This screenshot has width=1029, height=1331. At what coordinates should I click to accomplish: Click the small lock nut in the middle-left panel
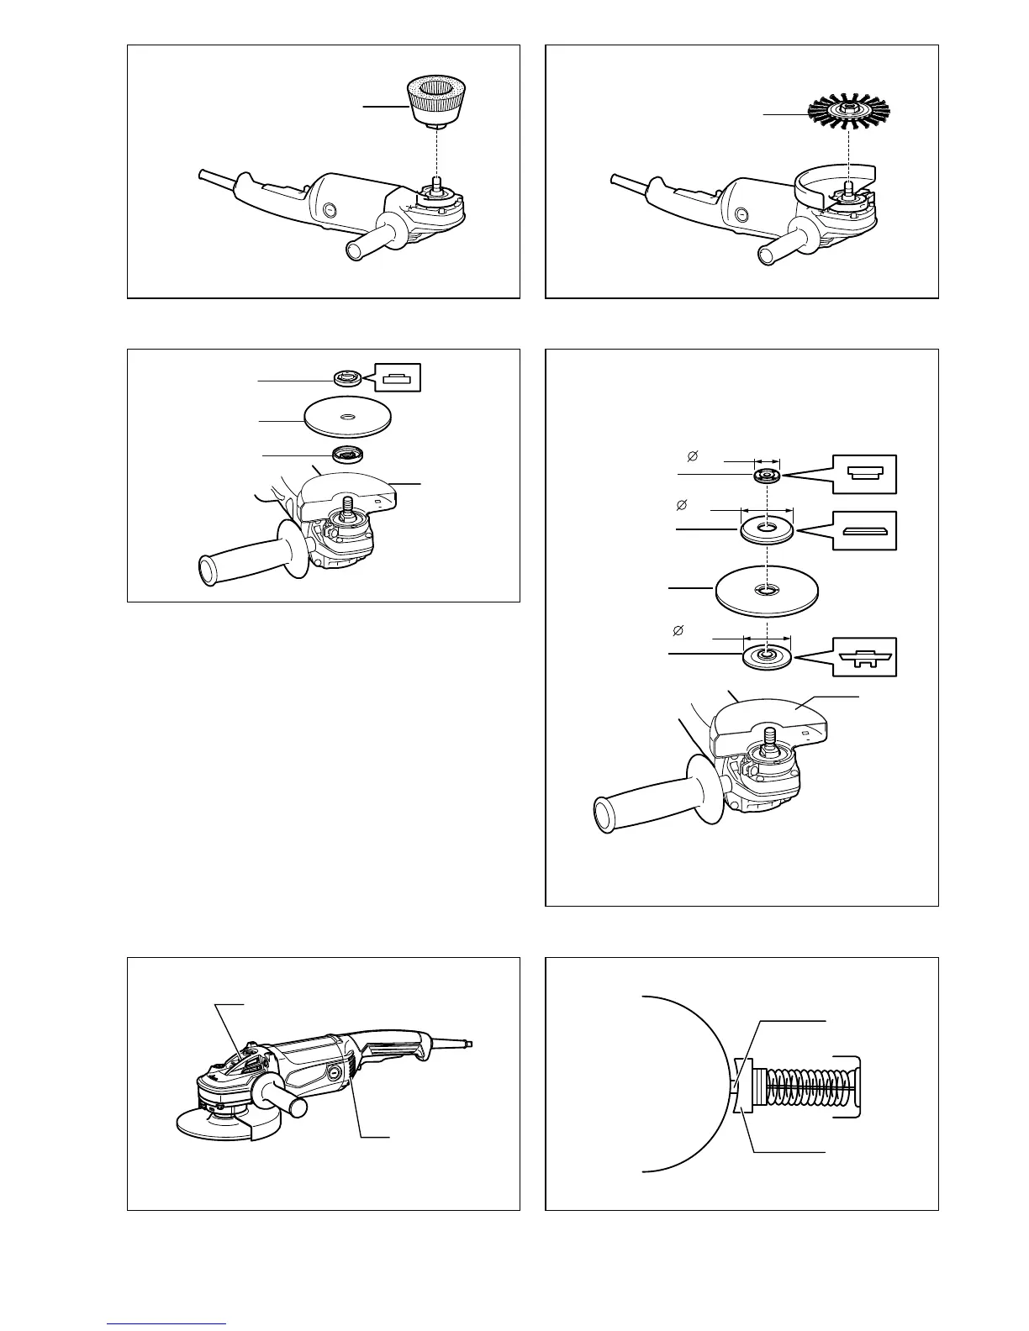(347, 378)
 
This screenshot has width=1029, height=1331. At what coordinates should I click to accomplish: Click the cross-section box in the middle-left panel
(398, 378)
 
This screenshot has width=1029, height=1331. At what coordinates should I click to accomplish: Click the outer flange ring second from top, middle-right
(767, 529)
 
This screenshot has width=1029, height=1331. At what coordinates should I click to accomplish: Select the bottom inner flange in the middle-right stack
(767, 655)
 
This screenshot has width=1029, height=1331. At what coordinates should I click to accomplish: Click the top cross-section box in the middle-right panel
(865, 473)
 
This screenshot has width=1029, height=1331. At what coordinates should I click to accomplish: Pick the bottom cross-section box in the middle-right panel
(865, 656)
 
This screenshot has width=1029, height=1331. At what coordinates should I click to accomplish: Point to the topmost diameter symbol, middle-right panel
(692, 456)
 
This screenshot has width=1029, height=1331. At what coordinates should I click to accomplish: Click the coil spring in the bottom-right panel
(807, 1090)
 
